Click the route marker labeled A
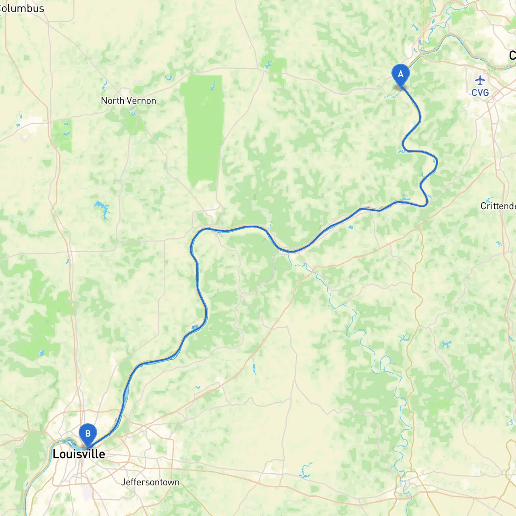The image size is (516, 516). (x=400, y=74)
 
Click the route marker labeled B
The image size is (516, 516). (x=87, y=434)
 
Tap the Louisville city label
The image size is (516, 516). (x=79, y=454)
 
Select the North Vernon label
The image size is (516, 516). (x=128, y=101)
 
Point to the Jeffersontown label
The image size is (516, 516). (x=150, y=482)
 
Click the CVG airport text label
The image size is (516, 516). (x=480, y=93)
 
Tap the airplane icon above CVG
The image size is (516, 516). (x=480, y=80)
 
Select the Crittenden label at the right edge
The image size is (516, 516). (x=498, y=206)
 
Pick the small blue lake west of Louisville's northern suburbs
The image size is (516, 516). (x=42, y=354)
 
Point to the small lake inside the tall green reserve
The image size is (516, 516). (x=213, y=85)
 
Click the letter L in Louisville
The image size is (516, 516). (x=56, y=454)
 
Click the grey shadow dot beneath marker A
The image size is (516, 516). (x=400, y=86)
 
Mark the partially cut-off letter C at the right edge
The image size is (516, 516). (x=512, y=55)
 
